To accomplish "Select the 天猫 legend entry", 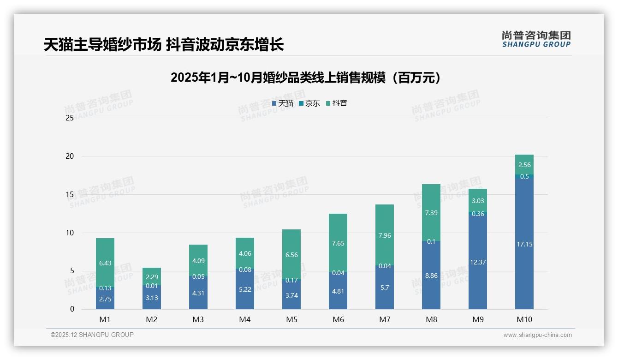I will tap(283, 103).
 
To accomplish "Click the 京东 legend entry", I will tap(309, 103).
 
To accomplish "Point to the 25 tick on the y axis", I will tap(70, 118).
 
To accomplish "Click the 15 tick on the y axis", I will tap(70, 194).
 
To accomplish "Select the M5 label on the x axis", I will tap(291, 319).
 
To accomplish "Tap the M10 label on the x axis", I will tap(524, 319).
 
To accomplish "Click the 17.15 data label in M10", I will tap(524, 244).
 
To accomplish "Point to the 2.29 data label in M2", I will tap(152, 276).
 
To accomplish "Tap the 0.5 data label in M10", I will tap(524, 176).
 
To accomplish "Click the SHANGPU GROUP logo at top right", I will tap(536, 39).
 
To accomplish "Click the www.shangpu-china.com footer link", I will tap(537, 335).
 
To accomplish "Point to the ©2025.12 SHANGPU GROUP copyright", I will tap(92, 335).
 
